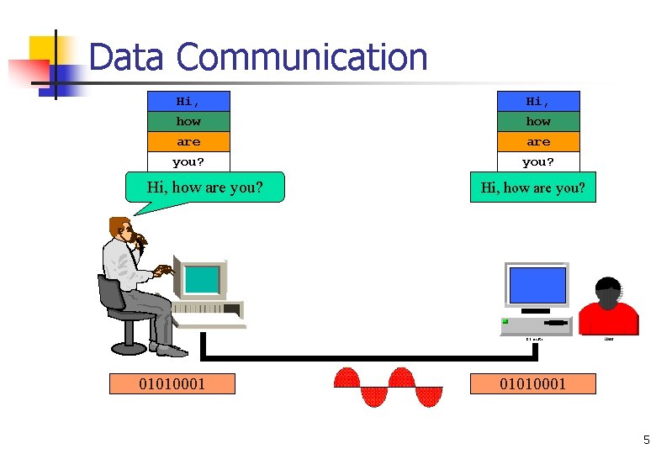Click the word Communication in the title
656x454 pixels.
tap(303, 57)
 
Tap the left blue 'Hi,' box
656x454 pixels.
tap(188, 101)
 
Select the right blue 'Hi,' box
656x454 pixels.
tap(538, 101)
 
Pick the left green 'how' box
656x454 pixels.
tap(188, 121)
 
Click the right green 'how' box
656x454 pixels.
tap(538, 121)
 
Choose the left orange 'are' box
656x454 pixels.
tap(188, 141)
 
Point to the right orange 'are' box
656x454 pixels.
tap(538, 141)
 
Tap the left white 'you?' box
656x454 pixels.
tap(188, 161)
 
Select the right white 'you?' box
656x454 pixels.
tap(538, 161)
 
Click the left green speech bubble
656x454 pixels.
tap(204, 187)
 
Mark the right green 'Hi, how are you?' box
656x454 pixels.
tap(532, 187)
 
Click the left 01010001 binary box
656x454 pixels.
tap(172, 384)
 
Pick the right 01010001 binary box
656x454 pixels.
tap(532, 384)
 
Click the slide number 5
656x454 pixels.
tap(646, 439)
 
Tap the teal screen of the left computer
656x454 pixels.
tap(201, 279)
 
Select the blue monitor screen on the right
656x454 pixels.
tap(536, 284)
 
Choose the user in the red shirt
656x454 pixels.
tap(608, 309)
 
